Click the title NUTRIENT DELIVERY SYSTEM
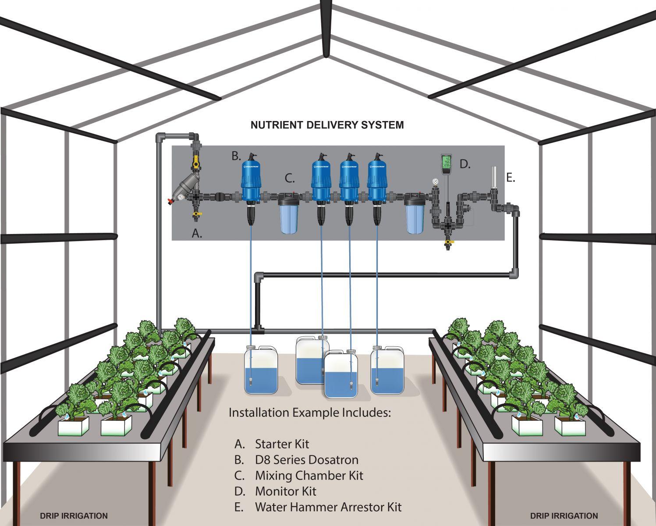327,125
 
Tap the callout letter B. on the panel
236,156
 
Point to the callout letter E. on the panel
510,178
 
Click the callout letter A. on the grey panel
197,234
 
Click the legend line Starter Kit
282,444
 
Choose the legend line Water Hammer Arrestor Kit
328,507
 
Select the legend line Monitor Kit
285,491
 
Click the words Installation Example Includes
309,412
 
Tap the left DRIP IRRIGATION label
74,515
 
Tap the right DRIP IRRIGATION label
564,515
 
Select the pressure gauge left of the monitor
435,181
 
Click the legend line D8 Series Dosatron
306,460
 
